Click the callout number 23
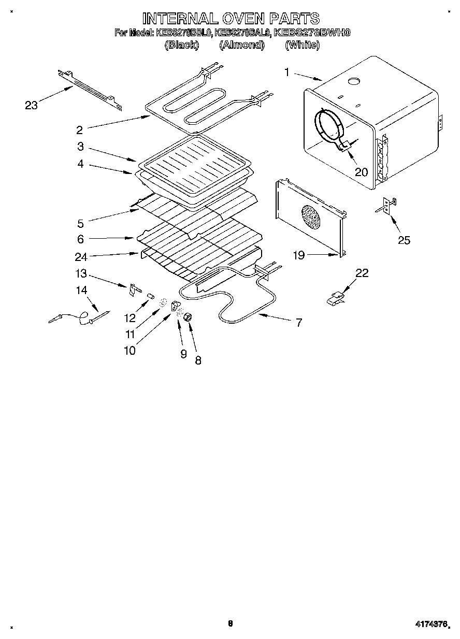32,105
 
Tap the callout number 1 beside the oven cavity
286,72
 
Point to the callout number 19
299,254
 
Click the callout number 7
298,323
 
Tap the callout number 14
81,291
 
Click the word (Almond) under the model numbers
241,45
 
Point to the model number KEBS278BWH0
312,33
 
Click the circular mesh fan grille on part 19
310,216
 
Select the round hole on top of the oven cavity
354,80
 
